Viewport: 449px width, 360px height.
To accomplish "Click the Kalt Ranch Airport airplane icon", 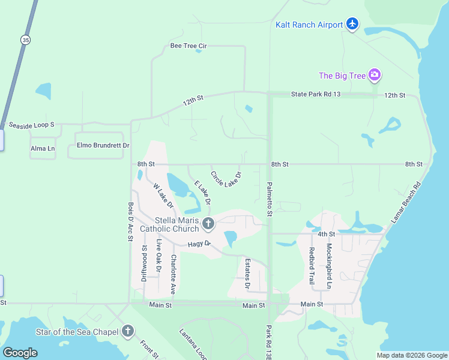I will point(352,25).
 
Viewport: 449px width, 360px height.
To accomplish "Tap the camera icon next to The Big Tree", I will point(375,76).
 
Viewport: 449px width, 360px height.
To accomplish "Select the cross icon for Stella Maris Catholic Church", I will point(208,224).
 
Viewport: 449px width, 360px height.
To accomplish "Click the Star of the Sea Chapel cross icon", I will point(127,331).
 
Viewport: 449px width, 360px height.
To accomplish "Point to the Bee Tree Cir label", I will point(188,46).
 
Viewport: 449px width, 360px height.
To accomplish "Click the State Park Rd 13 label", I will point(316,94).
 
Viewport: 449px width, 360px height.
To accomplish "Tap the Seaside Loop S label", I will point(32,125).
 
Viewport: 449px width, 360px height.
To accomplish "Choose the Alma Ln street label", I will point(43,148).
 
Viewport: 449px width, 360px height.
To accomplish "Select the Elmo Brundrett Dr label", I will point(103,145).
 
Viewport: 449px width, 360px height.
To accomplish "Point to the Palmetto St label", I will point(270,200).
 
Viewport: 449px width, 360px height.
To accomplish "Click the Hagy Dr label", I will point(199,244).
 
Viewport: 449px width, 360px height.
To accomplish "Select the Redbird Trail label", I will point(312,265).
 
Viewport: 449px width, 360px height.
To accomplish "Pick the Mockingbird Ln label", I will point(329,264).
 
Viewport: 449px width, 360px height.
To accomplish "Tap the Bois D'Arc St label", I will point(130,221).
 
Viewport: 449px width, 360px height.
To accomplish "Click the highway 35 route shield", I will point(25,40).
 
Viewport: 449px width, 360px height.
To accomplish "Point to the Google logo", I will point(20,353).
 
